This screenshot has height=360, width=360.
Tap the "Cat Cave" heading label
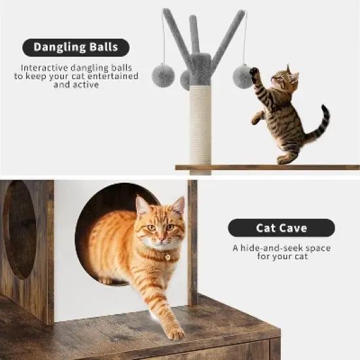[281, 228]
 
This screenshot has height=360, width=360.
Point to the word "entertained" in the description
[113, 76]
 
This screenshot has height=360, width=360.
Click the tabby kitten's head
[282, 80]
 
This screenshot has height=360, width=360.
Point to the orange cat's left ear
[143, 206]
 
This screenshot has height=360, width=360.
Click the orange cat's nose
[160, 238]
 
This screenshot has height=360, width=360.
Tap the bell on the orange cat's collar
[168, 257]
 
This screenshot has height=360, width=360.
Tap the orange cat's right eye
[151, 228]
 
